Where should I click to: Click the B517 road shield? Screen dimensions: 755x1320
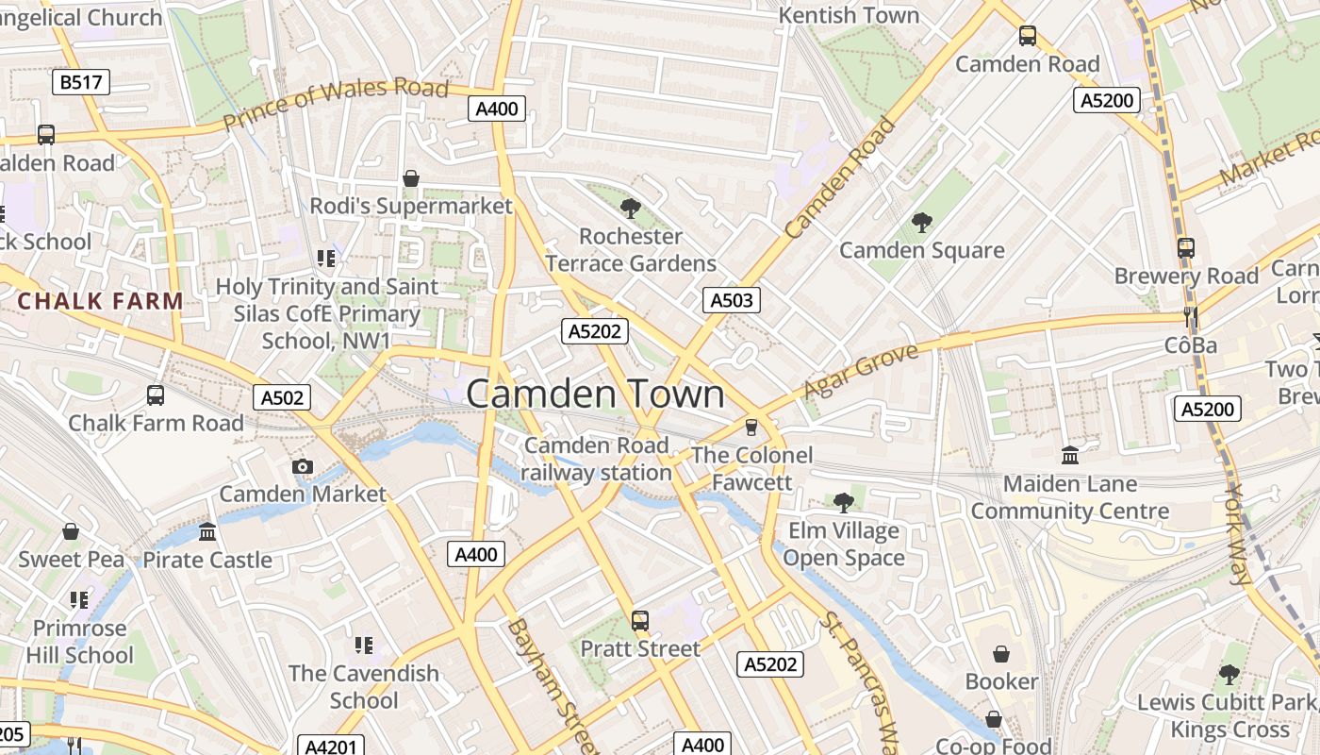coord(80,82)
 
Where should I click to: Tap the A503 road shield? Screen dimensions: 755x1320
coord(731,300)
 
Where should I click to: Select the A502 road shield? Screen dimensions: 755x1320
coord(282,397)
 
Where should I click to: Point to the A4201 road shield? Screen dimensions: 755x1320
coord(331,747)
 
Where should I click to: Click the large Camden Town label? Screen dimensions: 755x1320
coord(595,394)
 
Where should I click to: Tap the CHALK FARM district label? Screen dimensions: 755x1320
coord(101,302)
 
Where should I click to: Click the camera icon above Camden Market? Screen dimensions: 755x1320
coord(303,466)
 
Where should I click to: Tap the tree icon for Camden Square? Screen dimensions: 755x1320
coord(921,223)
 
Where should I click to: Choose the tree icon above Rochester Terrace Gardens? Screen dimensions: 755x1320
coord(631,209)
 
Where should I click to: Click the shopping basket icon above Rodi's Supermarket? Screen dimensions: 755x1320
coord(411,178)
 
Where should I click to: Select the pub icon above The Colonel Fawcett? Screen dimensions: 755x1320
coord(751,428)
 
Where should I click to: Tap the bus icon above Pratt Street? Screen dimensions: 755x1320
coord(640,621)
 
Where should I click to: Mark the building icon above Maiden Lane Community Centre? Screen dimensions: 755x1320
coord(1070,456)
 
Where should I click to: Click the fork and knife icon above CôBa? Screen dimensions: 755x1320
coord(1191,317)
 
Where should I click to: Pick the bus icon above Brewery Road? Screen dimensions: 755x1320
coord(1186,248)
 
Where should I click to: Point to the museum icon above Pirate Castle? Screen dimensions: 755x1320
coord(207,532)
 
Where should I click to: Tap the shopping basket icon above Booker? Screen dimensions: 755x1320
coord(1001,653)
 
